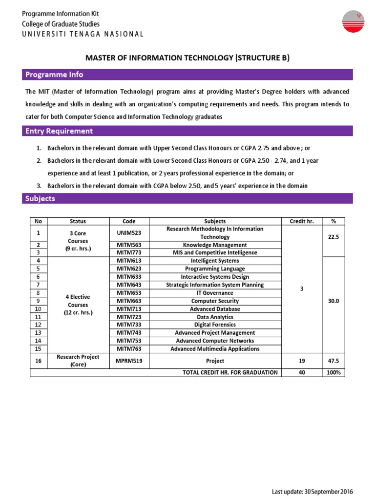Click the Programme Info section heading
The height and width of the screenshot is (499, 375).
54,75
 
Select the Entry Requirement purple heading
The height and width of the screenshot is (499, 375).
59,131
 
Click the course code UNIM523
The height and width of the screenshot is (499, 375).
129,233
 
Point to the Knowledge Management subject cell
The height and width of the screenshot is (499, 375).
215,245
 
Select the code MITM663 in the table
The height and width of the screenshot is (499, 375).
129,301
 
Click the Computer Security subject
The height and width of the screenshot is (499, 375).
215,301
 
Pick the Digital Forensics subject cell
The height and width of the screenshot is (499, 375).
215,325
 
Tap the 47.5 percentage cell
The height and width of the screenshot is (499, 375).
333,361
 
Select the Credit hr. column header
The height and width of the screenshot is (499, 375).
302,221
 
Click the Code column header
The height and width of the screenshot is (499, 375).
129,221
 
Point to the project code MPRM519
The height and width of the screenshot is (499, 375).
129,361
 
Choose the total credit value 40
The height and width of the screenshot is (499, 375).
302,373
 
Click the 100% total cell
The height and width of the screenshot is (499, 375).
333,373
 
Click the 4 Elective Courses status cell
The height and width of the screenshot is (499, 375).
78,305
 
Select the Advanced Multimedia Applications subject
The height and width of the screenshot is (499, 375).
215,349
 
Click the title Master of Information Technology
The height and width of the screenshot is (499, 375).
187,58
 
